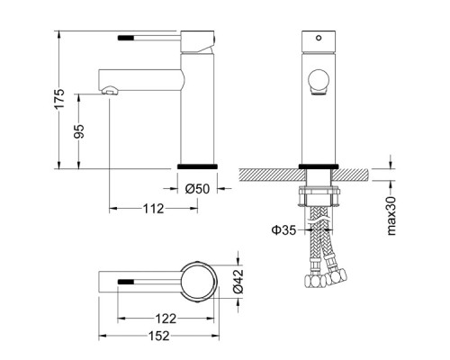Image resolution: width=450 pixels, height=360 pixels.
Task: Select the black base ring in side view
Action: [x=197, y=167]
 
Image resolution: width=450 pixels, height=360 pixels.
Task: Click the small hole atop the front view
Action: [x=316, y=40]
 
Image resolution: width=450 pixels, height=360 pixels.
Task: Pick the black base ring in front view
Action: [x=316, y=166]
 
